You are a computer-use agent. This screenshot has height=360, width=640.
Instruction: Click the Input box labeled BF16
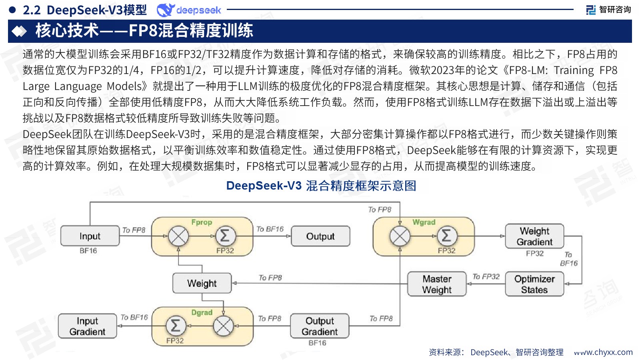(90, 236)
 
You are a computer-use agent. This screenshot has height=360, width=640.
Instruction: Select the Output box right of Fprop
(320, 236)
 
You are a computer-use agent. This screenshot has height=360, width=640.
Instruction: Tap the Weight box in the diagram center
(202, 283)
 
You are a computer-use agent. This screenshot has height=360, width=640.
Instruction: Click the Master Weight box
(437, 284)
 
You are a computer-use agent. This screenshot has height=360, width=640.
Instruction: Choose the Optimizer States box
(534, 284)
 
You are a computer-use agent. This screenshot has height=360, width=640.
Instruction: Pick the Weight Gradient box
(534, 236)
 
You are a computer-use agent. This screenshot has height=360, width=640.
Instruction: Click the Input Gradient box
(87, 326)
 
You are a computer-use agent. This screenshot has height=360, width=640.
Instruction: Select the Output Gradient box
(320, 326)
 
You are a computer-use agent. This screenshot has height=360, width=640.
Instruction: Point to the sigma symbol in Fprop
(225, 236)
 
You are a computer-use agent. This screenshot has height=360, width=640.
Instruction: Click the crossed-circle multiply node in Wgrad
(400, 236)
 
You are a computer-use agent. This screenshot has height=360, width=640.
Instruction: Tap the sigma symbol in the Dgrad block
(175, 326)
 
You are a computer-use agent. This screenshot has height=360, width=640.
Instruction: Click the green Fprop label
(202, 222)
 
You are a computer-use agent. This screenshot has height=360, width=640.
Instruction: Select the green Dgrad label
(202, 312)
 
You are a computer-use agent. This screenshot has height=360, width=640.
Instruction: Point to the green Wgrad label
(424, 222)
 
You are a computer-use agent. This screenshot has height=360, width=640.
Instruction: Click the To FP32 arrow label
(486, 276)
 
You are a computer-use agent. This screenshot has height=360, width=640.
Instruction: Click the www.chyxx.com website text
(603, 352)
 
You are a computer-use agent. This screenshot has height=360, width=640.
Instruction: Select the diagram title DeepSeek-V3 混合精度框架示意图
(321, 186)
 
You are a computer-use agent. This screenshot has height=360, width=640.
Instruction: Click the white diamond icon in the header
(19, 31)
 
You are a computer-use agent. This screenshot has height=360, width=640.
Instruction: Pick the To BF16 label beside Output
(270, 229)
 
